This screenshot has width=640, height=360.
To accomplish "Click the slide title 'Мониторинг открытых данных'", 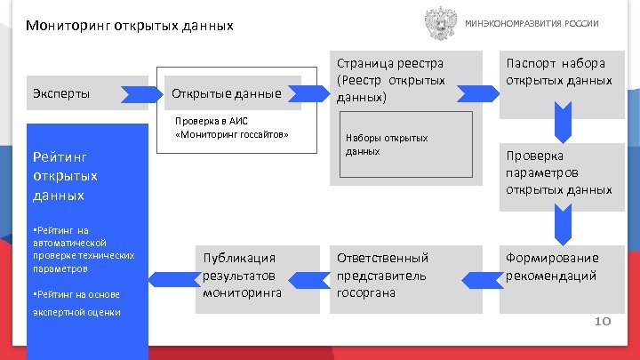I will [x=130, y=26].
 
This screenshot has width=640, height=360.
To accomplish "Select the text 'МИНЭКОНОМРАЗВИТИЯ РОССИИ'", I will [x=532, y=23].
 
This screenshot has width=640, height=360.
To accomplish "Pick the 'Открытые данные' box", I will [x=227, y=93].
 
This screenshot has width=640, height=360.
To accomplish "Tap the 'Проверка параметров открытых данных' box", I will [x=559, y=172].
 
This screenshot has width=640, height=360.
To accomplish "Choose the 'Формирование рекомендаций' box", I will [x=559, y=267].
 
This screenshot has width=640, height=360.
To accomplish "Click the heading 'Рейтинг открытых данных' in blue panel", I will [x=65, y=175].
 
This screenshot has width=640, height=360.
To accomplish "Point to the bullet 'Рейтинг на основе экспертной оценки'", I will [x=76, y=302].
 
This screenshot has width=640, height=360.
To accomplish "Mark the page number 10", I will [x=602, y=321].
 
